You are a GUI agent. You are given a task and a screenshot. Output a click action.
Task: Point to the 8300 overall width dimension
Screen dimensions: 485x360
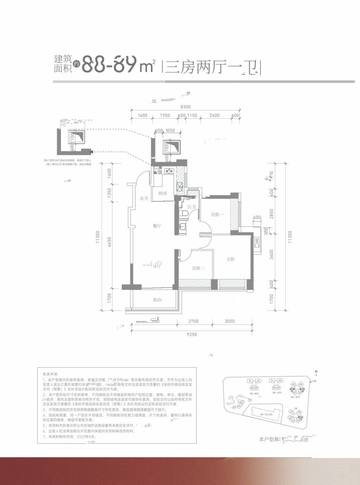pyautogui.click(x=186, y=107)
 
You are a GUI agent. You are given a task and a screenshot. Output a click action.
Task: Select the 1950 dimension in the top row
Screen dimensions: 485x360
pyautogui.click(x=165, y=115)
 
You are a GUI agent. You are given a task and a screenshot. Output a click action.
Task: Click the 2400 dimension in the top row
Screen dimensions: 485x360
pyautogui.click(x=215, y=115)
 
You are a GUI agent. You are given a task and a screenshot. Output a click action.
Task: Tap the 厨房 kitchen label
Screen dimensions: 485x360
pyautogui.click(x=162, y=193)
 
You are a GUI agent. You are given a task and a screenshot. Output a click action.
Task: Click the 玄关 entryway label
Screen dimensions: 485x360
pyautogui.click(x=144, y=199)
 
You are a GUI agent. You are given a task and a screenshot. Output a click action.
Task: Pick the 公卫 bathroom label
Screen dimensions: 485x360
pyautogui.click(x=192, y=206)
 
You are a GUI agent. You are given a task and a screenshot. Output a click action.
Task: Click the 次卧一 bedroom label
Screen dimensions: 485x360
pyautogui.click(x=217, y=215)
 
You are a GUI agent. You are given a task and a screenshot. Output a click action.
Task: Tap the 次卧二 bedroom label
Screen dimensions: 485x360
pyautogui.click(x=199, y=268)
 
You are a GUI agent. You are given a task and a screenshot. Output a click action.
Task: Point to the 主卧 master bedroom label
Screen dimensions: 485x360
pyautogui.click(x=231, y=259)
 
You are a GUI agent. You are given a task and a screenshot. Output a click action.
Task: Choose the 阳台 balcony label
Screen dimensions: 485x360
pyautogui.click(x=158, y=300)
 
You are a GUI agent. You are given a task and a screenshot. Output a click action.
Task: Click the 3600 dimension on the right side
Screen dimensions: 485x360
pyautogui.click(x=272, y=255)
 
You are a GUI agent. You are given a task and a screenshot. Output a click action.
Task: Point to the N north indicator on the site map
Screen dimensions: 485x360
pyautogui.click(x=316, y=371)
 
